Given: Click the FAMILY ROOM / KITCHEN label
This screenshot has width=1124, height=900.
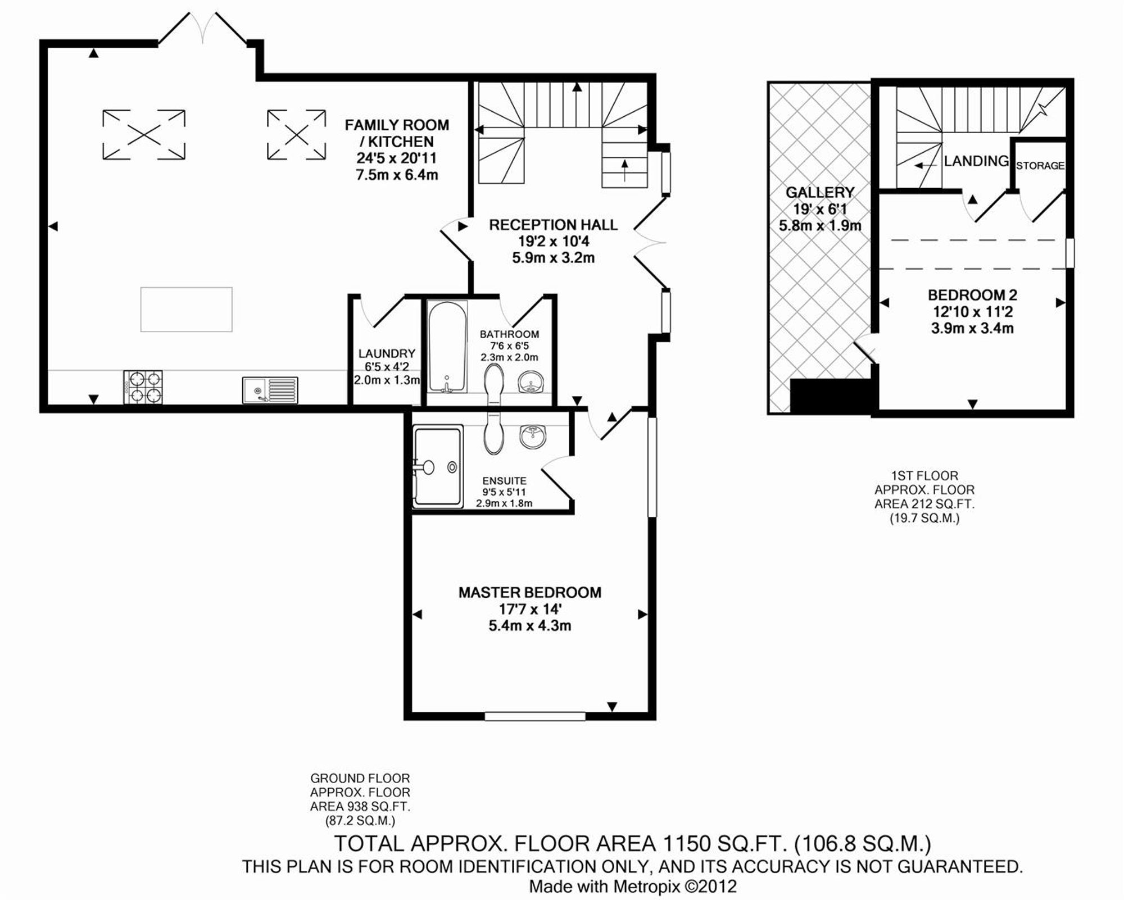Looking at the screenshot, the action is coord(397,133).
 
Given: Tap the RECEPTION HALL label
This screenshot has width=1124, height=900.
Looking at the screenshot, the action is coord(553,225).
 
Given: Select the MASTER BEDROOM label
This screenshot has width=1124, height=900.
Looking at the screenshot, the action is coord(530,592).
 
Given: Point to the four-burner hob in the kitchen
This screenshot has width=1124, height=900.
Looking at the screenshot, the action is coord(143,387).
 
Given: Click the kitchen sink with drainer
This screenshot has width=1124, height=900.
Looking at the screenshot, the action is coord(270,390).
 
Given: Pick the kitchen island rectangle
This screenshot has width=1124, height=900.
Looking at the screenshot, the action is coord(187,310).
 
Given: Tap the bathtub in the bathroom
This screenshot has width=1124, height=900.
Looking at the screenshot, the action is coord(447,347).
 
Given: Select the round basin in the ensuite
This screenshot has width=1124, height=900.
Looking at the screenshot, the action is coord(532,436).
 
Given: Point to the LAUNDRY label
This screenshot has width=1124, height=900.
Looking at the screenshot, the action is coord(387,353).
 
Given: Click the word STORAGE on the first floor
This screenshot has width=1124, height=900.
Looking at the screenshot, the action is coord(1040,166).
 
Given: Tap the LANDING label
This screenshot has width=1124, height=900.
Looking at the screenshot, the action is coord(976,161).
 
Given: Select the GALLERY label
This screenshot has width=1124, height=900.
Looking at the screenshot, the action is coord(820,193).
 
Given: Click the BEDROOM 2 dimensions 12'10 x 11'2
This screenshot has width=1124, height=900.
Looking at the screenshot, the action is coord(972,312).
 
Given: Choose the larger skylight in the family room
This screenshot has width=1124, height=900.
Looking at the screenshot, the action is coord(144,135).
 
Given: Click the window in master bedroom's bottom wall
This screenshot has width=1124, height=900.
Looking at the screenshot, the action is coord(535,716).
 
